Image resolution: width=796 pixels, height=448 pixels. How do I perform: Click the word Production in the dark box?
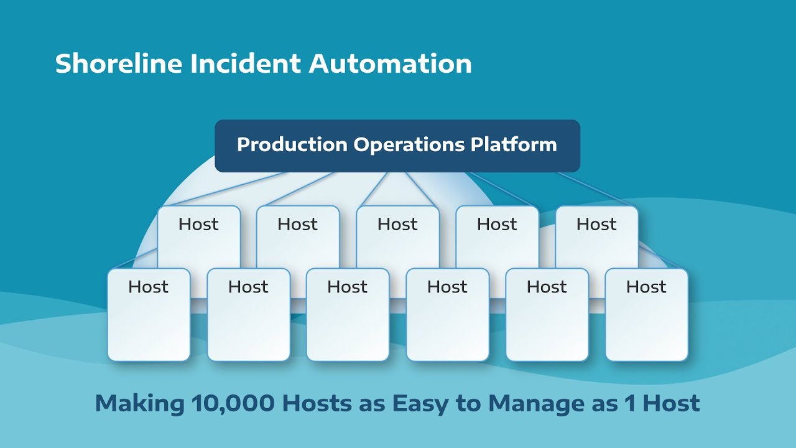click(292, 144)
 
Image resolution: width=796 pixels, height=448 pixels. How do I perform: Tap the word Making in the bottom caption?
click(139, 403)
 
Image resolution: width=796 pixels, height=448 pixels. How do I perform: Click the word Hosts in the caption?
click(317, 403)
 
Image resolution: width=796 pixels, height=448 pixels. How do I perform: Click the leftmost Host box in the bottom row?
click(149, 314)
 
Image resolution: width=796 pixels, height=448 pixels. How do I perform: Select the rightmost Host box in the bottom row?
click(646, 314)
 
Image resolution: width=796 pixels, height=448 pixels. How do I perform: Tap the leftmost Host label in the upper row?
click(198, 224)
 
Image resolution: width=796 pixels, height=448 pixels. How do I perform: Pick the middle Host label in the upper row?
click(397, 224)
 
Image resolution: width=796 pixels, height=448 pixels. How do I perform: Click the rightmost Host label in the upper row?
click(596, 224)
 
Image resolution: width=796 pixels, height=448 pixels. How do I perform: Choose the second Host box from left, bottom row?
click(248, 314)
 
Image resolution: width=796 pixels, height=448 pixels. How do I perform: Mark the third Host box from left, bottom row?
click(348, 314)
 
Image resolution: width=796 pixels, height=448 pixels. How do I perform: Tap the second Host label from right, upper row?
click(497, 224)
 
